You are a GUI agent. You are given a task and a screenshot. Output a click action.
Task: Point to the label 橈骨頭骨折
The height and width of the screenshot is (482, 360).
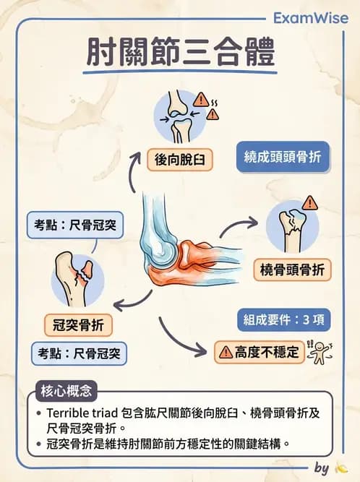(x=293, y=271)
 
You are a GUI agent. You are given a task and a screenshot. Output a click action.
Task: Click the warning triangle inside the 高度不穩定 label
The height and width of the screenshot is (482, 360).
(x=225, y=353)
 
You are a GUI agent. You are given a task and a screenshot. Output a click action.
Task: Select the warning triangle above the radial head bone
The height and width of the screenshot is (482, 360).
(x=310, y=202)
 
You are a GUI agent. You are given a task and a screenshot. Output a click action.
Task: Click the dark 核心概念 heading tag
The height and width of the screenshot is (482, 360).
(x=66, y=392)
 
